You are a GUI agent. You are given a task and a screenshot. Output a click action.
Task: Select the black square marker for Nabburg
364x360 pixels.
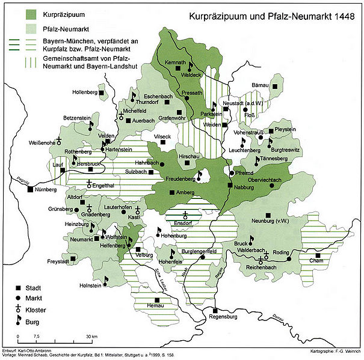(229, 185)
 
